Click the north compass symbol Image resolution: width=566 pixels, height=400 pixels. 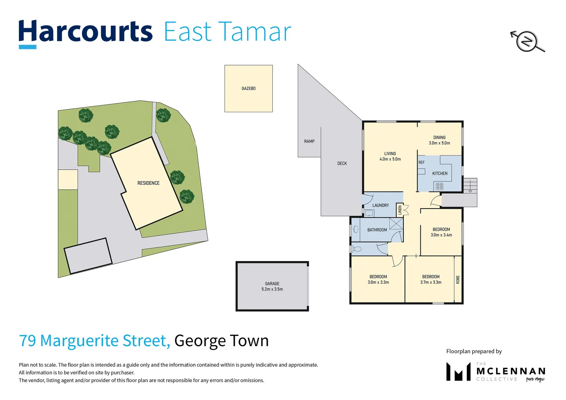(x=527, y=41)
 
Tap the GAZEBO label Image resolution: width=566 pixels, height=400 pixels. (x=248, y=89)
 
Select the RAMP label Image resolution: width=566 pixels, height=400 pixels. (x=309, y=141)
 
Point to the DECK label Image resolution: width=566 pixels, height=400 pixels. (x=342, y=163)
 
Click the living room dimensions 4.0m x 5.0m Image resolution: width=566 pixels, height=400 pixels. (x=390, y=159)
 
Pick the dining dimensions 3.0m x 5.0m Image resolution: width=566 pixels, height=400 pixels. (x=439, y=143)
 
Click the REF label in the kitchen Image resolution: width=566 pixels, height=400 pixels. (x=422, y=163)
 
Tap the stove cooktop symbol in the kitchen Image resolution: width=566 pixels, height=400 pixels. (x=439, y=186)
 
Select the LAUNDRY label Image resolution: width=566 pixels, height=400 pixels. (x=380, y=206)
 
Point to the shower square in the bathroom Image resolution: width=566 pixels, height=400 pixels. (x=396, y=224)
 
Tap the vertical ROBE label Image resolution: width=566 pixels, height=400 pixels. (x=458, y=280)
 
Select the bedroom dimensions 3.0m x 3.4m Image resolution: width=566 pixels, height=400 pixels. (x=441, y=235)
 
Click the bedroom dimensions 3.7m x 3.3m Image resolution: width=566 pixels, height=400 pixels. (x=431, y=282)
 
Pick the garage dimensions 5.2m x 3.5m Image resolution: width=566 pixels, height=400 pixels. (x=272, y=289)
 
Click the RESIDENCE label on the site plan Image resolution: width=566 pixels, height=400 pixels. (x=148, y=183)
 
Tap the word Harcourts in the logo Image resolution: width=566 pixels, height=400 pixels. (x=86, y=32)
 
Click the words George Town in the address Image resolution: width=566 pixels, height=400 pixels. (x=221, y=341)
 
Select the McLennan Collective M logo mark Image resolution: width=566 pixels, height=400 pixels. (x=458, y=371)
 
